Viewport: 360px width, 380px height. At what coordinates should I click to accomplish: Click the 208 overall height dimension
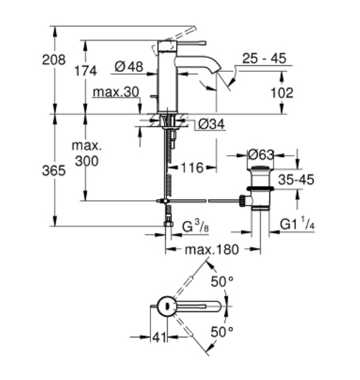click(54, 60)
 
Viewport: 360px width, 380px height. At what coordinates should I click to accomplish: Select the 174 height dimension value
click(86, 71)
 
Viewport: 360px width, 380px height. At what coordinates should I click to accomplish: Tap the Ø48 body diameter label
click(129, 67)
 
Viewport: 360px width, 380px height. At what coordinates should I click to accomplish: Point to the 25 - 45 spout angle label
click(264, 58)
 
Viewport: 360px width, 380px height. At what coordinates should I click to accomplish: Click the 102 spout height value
click(281, 93)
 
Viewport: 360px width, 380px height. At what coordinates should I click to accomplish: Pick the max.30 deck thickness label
click(116, 92)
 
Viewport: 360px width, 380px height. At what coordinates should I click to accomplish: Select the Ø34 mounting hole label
click(211, 124)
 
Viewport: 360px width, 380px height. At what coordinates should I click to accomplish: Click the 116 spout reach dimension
click(192, 168)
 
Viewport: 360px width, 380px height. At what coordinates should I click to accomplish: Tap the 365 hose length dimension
click(54, 170)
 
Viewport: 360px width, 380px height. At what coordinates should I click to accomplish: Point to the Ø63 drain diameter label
click(261, 154)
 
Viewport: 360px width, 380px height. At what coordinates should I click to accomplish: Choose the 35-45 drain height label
click(296, 180)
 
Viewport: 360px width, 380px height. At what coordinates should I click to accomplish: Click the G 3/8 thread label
click(195, 226)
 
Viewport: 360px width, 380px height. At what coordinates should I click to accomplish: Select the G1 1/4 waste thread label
click(297, 224)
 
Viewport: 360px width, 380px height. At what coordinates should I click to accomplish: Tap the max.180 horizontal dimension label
click(212, 250)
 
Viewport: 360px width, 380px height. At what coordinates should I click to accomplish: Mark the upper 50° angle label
click(222, 282)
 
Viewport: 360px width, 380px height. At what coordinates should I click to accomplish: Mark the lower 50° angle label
click(222, 331)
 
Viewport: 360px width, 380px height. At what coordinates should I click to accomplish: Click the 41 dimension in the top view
click(160, 337)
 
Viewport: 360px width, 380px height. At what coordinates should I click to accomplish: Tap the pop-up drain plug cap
click(260, 168)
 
